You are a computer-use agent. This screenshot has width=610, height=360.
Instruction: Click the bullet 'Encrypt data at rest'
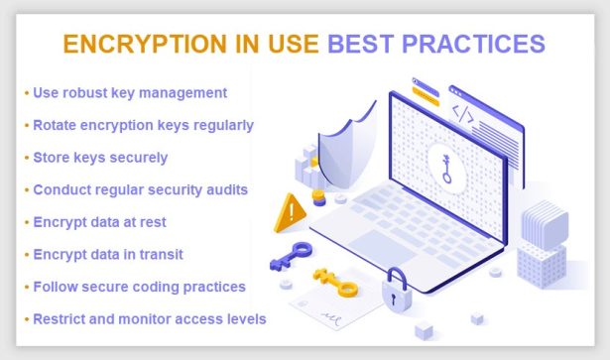pyautogui.click(x=104, y=221)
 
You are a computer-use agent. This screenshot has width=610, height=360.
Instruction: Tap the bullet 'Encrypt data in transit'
pyautogui.click(x=112, y=254)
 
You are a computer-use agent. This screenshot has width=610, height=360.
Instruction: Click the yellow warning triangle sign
pyautogui.click(x=293, y=209)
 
